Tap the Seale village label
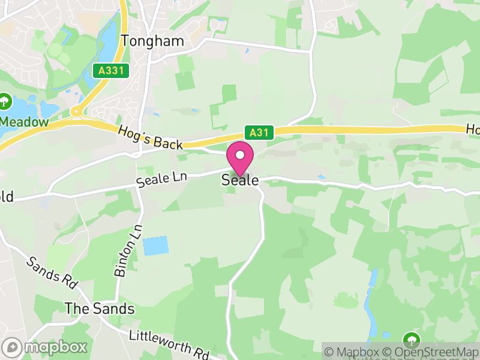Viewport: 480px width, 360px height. coord(240,179)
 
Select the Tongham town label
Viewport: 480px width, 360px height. coord(152,41)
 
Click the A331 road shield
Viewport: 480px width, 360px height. coord(112,71)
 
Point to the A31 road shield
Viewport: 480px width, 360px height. coord(259,133)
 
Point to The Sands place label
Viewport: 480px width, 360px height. coord(100,308)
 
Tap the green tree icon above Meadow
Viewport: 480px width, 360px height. coord(5,101)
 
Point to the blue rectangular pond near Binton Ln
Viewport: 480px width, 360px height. coord(155,245)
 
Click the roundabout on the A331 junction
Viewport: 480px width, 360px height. coord(76,111)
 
